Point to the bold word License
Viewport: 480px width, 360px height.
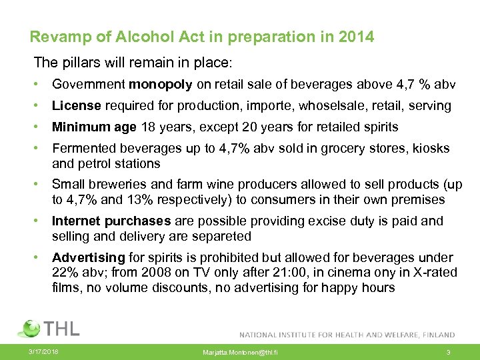point(76,105)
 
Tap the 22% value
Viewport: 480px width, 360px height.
point(65,273)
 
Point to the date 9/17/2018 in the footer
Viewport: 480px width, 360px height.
point(42,351)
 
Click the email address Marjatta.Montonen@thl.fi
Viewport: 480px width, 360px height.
point(240,351)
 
